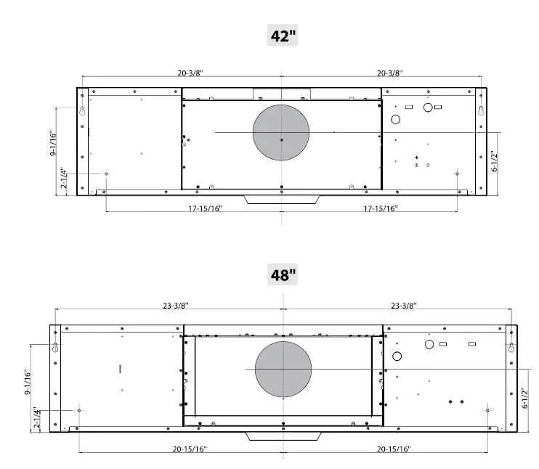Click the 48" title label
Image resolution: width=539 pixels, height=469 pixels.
pyautogui.click(x=283, y=274)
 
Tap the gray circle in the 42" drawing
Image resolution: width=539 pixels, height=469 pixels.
pyautogui.click(x=281, y=132)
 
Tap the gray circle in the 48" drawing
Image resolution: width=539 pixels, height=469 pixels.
pyautogui.click(x=283, y=369)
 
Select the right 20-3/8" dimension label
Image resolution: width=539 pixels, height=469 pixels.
pyautogui.click(x=389, y=73)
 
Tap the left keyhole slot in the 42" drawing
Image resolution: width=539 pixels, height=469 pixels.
pyautogui.click(x=83, y=112)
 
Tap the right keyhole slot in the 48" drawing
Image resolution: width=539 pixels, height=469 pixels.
pyautogui.click(x=511, y=348)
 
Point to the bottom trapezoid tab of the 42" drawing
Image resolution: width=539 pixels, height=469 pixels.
pyautogui.click(x=282, y=200)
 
